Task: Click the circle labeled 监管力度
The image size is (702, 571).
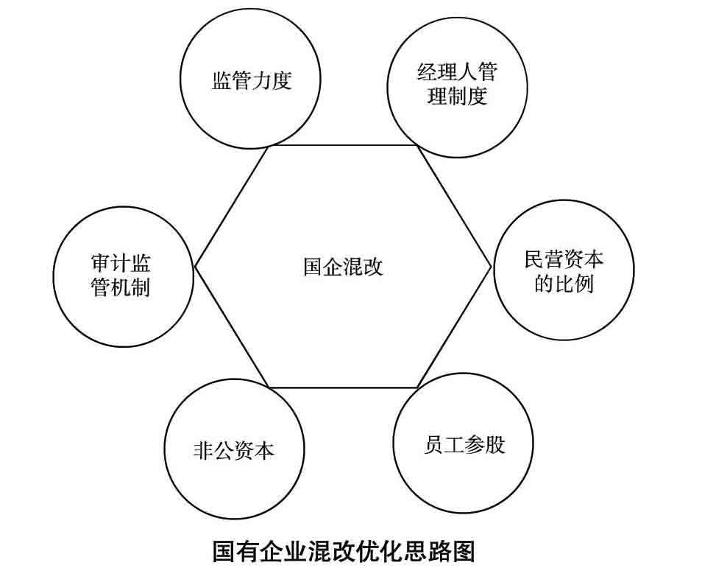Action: (251, 80)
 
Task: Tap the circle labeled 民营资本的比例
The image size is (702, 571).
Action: (564, 270)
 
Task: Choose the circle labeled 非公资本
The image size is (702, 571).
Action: (234, 449)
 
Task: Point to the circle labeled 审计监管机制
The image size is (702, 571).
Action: (121, 276)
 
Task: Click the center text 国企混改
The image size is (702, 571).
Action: (343, 266)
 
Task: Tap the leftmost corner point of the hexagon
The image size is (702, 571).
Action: (195, 266)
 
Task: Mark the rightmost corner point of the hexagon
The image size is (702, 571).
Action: (491, 266)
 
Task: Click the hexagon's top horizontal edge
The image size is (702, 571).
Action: (343, 145)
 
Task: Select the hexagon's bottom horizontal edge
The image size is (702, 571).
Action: (343, 388)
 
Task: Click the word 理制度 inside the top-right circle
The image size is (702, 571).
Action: (457, 97)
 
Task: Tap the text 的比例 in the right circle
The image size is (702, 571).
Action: (564, 284)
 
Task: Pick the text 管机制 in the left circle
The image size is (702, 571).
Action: (121, 288)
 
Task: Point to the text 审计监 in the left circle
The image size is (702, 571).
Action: (121, 264)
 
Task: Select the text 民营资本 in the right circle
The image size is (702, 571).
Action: (564, 259)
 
